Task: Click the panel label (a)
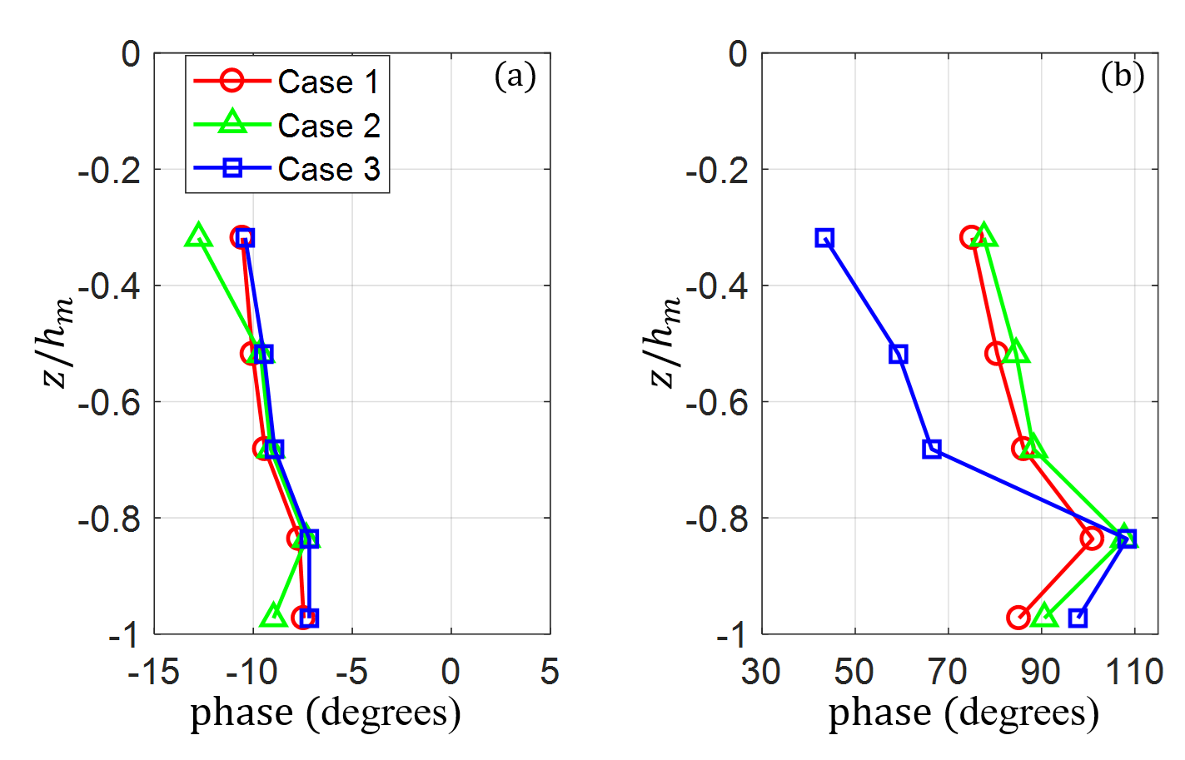[515, 77]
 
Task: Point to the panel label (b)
[1122, 77]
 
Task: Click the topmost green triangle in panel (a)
[197, 236]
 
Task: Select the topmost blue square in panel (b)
[824, 238]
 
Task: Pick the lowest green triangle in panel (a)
[273, 616]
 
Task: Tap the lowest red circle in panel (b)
[1018, 618]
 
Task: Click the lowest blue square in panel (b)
[1078, 618]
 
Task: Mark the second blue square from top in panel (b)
[898, 354]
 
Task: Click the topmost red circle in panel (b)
[970, 238]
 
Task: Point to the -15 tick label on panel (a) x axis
[153, 672]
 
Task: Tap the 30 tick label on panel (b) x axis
[761, 672]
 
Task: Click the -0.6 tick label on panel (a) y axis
[105, 402]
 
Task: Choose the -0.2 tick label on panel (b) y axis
[712, 170]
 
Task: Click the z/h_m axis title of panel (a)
[59, 342]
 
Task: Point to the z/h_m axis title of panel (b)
[666, 342]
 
